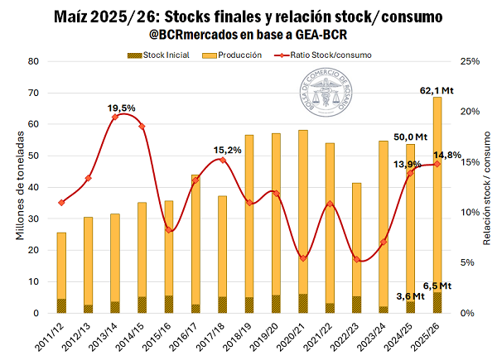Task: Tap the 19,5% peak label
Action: pos(122,108)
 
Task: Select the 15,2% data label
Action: pos(227,150)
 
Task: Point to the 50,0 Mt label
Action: pos(409,137)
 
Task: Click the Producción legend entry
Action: pos(243,55)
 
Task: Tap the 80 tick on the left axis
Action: pos(34,62)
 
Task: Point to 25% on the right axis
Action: pos(469,62)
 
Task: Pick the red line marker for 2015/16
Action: pos(168,229)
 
